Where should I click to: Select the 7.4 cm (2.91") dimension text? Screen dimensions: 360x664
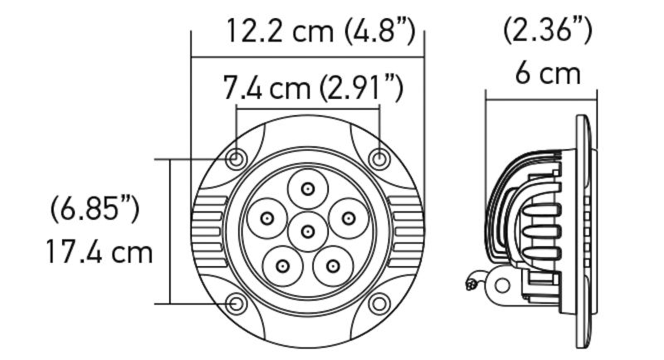pyautogui.click(x=313, y=87)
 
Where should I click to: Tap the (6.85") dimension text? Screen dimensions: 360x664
pyautogui.click(x=94, y=208)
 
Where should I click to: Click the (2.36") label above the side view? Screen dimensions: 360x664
pyautogui.click(x=548, y=31)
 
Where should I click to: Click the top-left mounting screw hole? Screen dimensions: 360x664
pyautogui.click(x=237, y=158)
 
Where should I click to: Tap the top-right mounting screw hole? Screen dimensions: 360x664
pyautogui.click(x=378, y=158)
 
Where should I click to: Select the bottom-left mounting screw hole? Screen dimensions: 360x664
pyautogui.click(x=237, y=304)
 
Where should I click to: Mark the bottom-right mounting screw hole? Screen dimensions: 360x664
pyautogui.click(x=378, y=304)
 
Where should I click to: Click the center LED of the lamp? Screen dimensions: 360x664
pyautogui.click(x=308, y=231)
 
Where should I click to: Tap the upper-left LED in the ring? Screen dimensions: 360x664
pyautogui.click(x=267, y=218)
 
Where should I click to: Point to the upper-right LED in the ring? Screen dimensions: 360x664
pyautogui.click(x=348, y=218)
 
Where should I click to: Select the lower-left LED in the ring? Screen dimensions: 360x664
pyautogui.click(x=283, y=266)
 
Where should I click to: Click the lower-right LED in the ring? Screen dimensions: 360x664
pyautogui.click(x=333, y=266)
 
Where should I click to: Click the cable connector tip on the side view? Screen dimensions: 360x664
pyautogui.click(x=471, y=285)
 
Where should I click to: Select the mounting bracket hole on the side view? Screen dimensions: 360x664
pyautogui.click(x=501, y=284)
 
